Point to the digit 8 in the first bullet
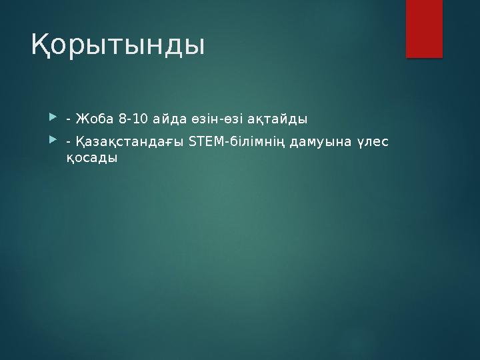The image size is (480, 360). [121, 119]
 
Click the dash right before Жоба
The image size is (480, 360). [69, 120]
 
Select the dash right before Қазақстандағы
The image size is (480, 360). [69, 142]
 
